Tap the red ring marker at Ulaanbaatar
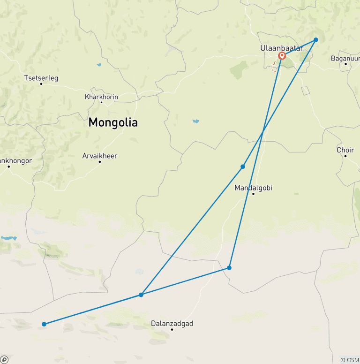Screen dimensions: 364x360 [x=282, y=56]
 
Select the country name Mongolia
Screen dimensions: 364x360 [x=113, y=122]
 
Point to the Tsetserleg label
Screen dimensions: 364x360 [x=41, y=78]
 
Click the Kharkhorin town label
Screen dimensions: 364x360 [x=101, y=97]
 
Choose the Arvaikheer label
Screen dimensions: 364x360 [x=100, y=156]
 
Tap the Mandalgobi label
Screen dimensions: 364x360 [x=253, y=188]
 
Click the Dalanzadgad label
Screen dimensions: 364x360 [x=172, y=323]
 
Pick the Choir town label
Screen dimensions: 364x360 [x=345, y=150]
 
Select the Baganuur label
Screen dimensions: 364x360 [x=345, y=58]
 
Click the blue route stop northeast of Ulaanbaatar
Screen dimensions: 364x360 [x=316, y=40]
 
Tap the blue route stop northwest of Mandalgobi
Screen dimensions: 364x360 [x=243, y=167]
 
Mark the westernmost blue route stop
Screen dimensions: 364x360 [x=44, y=324]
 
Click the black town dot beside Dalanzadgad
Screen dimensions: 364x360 [x=172, y=330]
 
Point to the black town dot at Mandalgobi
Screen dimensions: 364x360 [x=253, y=194]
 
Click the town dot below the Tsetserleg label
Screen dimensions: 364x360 [x=41, y=84]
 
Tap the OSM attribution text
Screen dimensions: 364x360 [x=349, y=360]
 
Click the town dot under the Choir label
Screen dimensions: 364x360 [x=345, y=156]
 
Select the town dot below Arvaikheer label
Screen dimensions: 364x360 [x=100, y=162]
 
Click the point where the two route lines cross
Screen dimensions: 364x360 [x=262, y=133]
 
